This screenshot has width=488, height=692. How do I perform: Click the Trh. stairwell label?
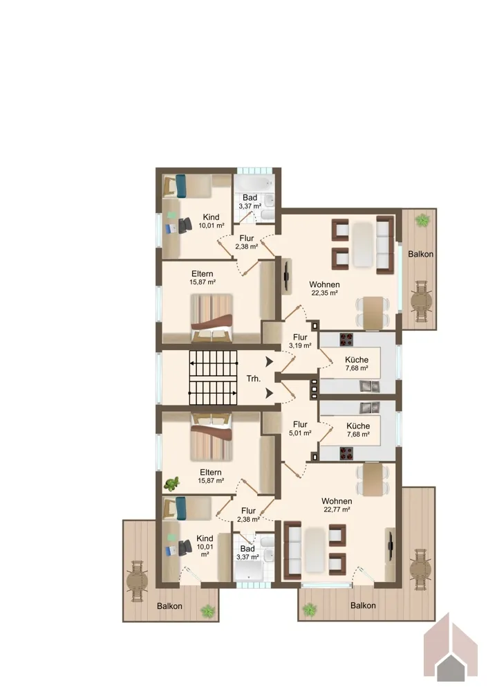[x=254, y=379]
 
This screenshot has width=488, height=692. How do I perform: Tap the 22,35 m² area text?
[x=324, y=293]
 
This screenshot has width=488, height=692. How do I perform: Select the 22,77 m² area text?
[x=337, y=509]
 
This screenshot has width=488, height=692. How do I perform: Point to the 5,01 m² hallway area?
[x=300, y=433]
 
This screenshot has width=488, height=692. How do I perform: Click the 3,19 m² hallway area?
[x=300, y=346]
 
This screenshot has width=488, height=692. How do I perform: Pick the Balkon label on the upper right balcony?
[x=420, y=254]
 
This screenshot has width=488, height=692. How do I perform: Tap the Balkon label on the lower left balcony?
[x=170, y=606]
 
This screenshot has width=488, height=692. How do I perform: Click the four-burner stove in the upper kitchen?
[x=346, y=339]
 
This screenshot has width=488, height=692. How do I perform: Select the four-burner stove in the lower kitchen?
[x=346, y=453]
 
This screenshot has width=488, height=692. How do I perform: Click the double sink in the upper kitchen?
[x=369, y=387]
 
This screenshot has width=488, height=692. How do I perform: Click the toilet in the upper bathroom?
[x=268, y=215]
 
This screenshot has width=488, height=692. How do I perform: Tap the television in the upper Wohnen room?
[x=287, y=276]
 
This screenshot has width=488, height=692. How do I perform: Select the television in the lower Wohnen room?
[x=390, y=546]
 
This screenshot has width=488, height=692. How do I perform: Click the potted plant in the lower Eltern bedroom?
[x=171, y=484]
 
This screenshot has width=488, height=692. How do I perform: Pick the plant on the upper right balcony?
[x=422, y=220]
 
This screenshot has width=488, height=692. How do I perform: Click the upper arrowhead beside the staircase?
[x=269, y=363]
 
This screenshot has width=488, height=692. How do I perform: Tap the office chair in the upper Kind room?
[x=185, y=225]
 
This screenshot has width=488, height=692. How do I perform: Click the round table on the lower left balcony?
[x=138, y=581]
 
